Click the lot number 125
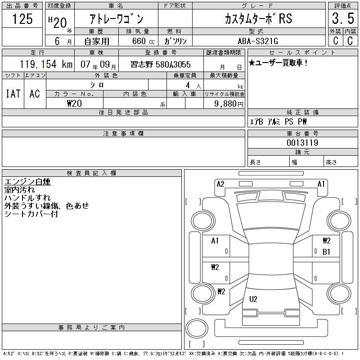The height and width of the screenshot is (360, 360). tap(22, 18)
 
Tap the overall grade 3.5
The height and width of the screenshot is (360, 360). tap(343, 18)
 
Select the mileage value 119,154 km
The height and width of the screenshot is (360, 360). tap(46, 64)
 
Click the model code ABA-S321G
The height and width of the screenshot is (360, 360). tap(258, 41)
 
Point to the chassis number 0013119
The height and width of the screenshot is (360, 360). tap(302, 143)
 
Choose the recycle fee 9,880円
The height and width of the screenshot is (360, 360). tap(229, 104)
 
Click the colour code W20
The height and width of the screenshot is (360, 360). tap(74, 103)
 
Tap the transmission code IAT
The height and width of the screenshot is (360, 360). tap(13, 94)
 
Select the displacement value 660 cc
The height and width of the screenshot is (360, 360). tap(143, 41)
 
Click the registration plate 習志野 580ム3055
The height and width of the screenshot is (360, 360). tap(161, 64)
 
